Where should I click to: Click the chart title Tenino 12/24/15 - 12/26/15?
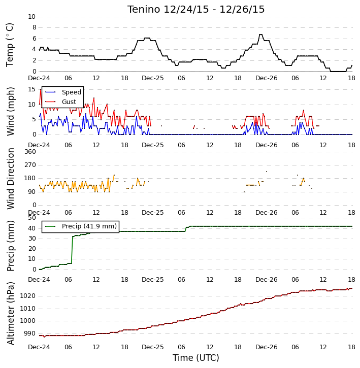pos(196,9)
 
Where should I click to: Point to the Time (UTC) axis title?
pos(196,358)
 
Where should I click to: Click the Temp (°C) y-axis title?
pos(10,45)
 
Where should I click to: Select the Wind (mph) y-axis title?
pos(11,111)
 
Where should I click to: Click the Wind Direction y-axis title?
pos(11,179)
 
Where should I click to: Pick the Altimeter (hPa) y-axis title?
pos(11,313)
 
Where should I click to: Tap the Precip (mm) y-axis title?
pos(11,246)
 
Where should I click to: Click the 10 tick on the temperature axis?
pos(31,17)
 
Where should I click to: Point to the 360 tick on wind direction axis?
pos(30,152)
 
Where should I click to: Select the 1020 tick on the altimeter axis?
pos(28,296)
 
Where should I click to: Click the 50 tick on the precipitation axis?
pos(32,218)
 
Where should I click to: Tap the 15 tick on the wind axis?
pos(31,89)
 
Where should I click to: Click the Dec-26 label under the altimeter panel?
pos(266,347)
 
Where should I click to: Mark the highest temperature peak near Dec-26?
pos(260,35)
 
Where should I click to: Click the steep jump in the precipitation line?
pos(72,250)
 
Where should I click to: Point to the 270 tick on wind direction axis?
pos(30,165)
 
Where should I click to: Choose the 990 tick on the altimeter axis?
pos(30,333)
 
